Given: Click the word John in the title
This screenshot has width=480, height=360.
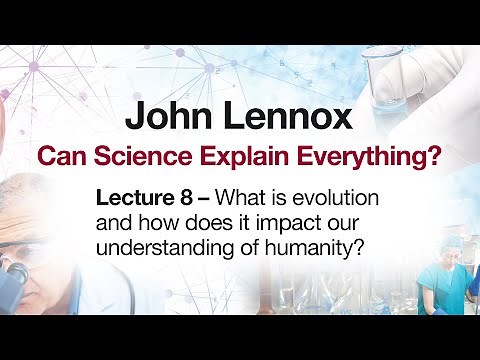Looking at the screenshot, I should point(167,116).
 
